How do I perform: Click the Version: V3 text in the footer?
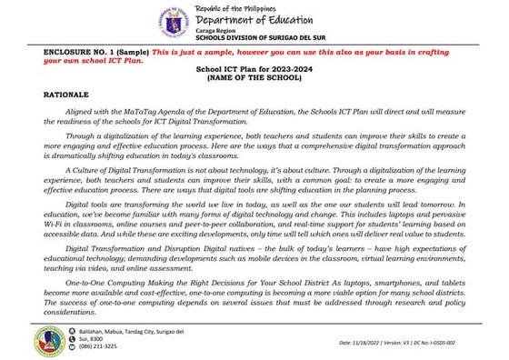(x=407, y=343)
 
